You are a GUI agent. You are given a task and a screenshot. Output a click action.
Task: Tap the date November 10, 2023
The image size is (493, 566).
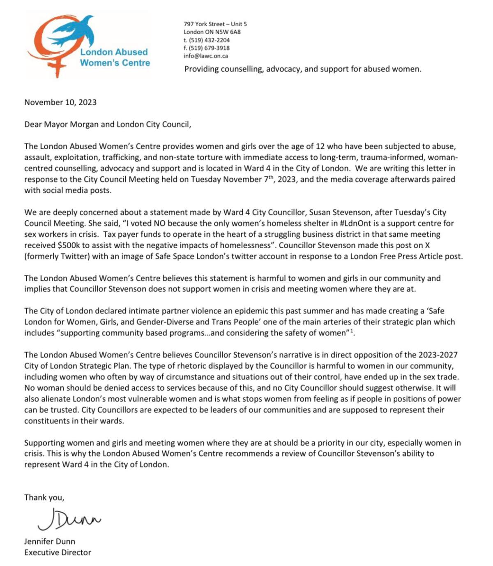pyautogui.click(x=60, y=102)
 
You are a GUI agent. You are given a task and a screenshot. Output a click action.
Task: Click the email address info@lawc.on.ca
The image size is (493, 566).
pyautogui.click(x=206, y=56)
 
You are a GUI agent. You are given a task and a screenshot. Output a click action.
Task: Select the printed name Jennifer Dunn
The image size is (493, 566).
pyautogui.click(x=50, y=541)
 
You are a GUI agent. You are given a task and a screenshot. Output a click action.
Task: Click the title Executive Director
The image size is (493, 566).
pyautogui.click(x=58, y=552)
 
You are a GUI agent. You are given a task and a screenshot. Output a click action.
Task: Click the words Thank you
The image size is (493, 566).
pyautogui.click(x=44, y=497)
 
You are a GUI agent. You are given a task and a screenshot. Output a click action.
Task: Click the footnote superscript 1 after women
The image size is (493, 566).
pyautogui.click(x=352, y=331)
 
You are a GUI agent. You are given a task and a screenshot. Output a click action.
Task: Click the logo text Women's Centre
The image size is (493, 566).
pyautogui.click(x=115, y=63)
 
